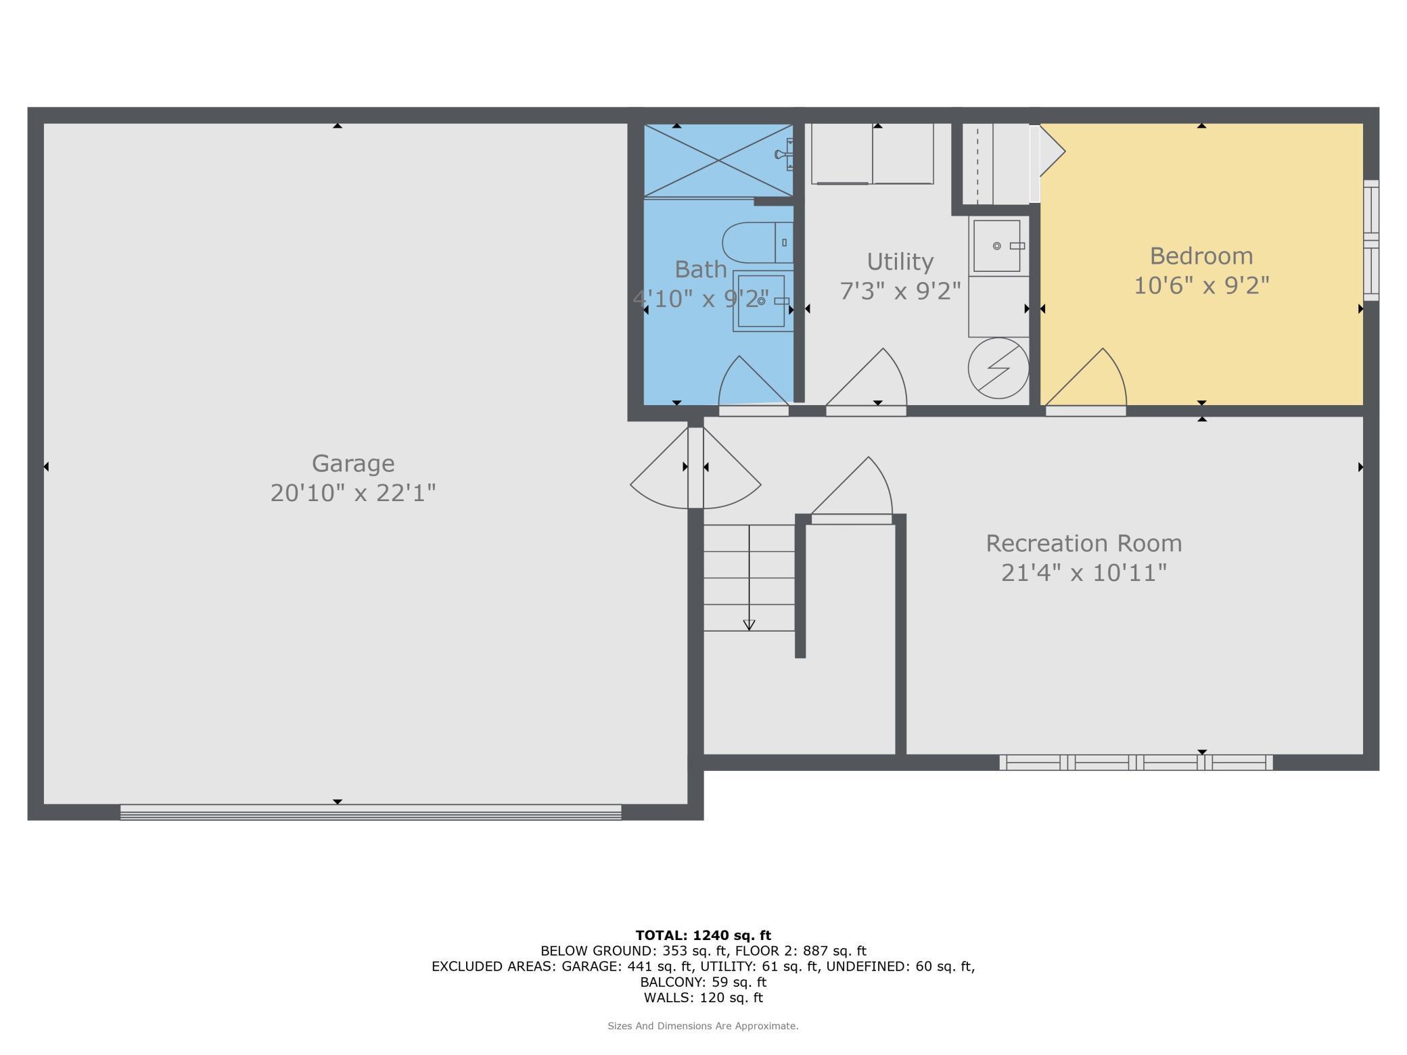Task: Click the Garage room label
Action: pyautogui.click(x=352, y=464)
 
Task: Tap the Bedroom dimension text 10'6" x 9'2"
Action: pyautogui.click(x=1201, y=285)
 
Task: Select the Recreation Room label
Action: pyautogui.click(x=1084, y=543)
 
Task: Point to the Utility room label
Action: pyautogui.click(x=900, y=262)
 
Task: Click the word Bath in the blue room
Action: pyautogui.click(x=700, y=269)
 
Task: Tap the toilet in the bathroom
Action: pyautogui.click(x=758, y=242)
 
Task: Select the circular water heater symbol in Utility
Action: pyautogui.click(x=998, y=369)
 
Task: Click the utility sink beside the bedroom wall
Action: pyautogui.click(x=998, y=245)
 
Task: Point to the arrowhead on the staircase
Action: pyautogui.click(x=749, y=625)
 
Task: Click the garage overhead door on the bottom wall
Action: pyautogui.click(x=371, y=812)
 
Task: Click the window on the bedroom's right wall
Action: pyautogui.click(x=1371, y=240)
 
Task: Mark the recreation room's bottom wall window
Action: pyautogui.click(x=1136, y=763)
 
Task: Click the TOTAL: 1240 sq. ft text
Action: pyautogui.click(x=703, y=935)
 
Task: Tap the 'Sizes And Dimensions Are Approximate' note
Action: pyautogui.click(x=703, y=1026)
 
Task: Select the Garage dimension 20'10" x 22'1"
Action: pyautogui.click(x=352, y=493)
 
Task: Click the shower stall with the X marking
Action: pyautogui.click(x=718, y=160)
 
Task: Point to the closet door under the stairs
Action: pyautogui.click(x=851, y=519)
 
